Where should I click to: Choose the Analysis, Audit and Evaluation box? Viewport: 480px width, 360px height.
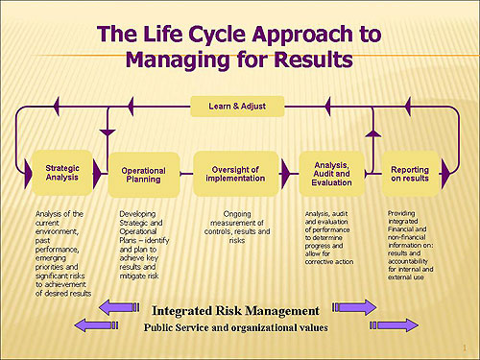click(x=331, y=174)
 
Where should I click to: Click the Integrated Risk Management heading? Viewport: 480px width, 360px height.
click(x=235, y=310)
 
